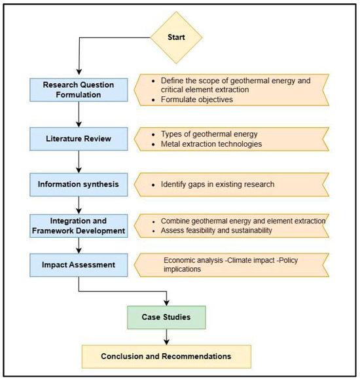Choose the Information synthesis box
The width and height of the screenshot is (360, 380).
(x=80, y=184)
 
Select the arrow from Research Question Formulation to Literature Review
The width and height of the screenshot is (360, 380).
(x=80, y=116)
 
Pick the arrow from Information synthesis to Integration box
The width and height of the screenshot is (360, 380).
(x=80, y=204)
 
